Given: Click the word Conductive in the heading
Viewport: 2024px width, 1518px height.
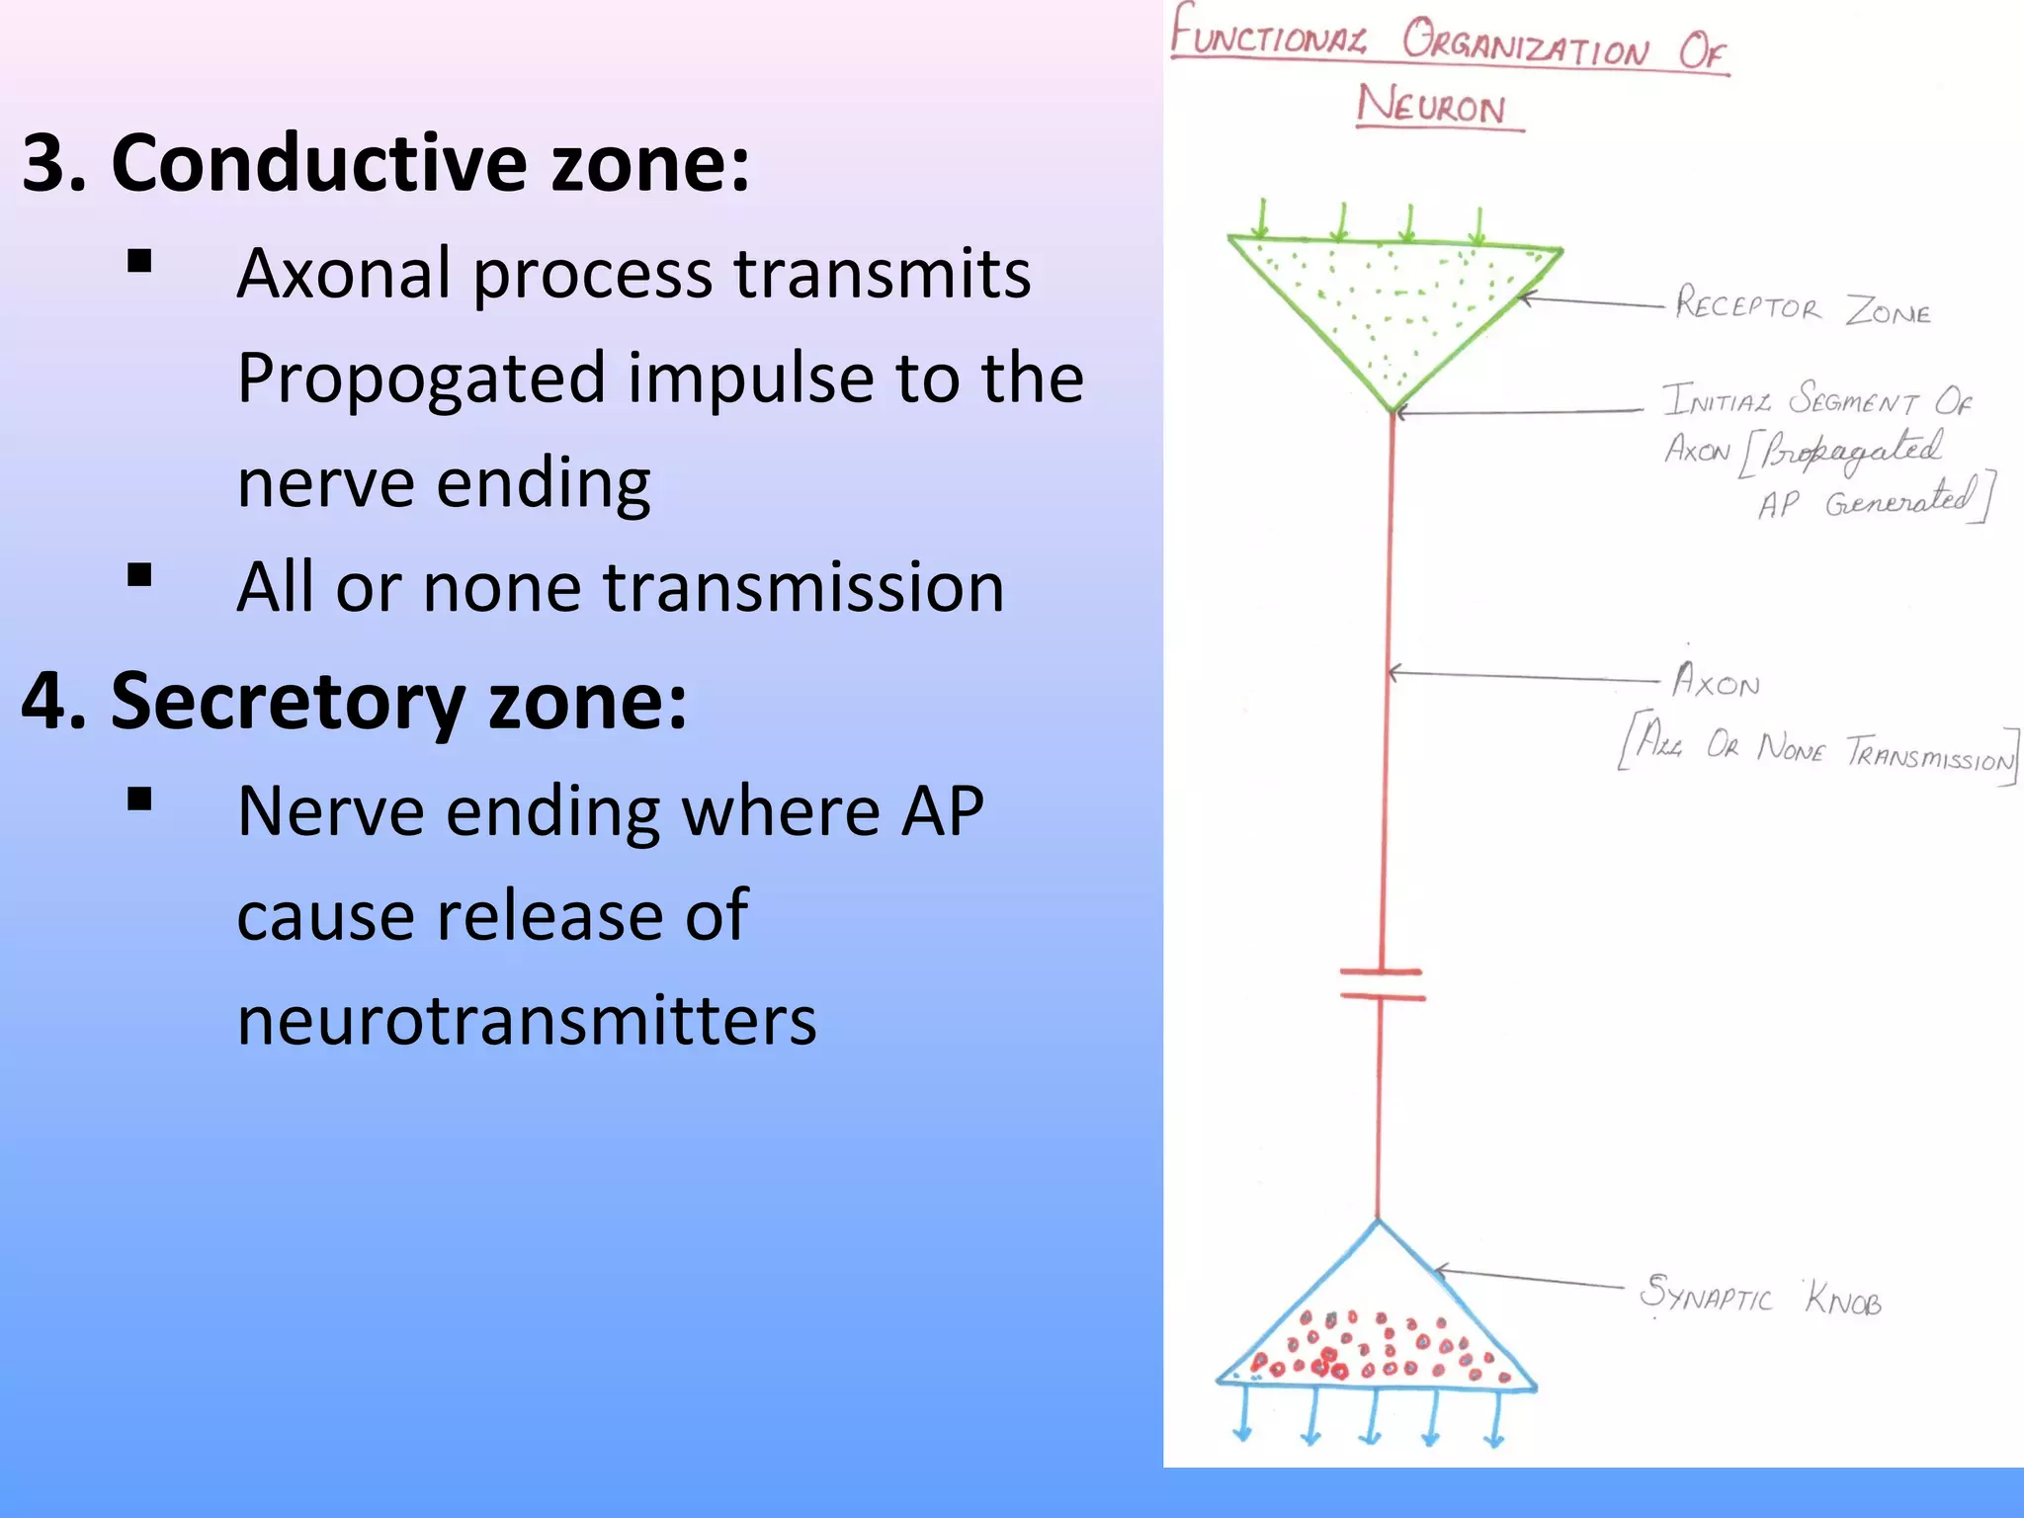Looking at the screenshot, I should pyautogui.click(x=319, y=163).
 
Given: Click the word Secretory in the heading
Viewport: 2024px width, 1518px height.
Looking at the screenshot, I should pyautogui.click(x=287, y=701).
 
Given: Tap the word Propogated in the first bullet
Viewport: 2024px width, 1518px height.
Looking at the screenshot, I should pyautogui.click(x=421, y=379).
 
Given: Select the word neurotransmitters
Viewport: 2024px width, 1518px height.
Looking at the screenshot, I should pyautogui.click(x=527, y=1021).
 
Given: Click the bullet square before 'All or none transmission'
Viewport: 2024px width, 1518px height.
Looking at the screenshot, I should pyautogui.click(x=139, y=575).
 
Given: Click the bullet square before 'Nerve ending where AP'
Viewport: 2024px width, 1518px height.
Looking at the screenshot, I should pyautogui.click(x=139, y=799).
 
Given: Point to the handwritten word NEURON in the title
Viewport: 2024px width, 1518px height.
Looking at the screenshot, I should pyautogui.click(x=1432, y=105).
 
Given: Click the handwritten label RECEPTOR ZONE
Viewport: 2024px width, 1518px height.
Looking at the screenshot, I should pyautogui.click(x=1801, y=307).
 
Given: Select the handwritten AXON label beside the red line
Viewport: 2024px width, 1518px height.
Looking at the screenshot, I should pyautogui.click(x=1717, y=682).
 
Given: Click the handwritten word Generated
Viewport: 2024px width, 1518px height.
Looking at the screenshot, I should pyautogui.click(x=1897, y=500).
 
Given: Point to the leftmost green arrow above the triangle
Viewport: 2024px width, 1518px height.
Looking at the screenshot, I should pyautogui.click(x=1262, y=219).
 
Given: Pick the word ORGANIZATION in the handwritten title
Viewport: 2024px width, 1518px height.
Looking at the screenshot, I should pyautogui.click(x=1525, y=45).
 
